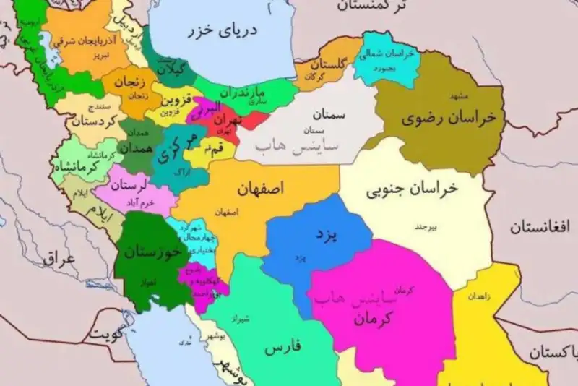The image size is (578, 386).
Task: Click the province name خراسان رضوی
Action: click(443, 119)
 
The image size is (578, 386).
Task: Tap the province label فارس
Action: click(282, 348)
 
